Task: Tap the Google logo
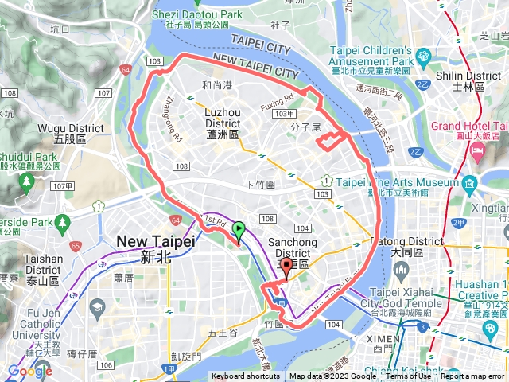29,371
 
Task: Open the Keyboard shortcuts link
246,376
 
